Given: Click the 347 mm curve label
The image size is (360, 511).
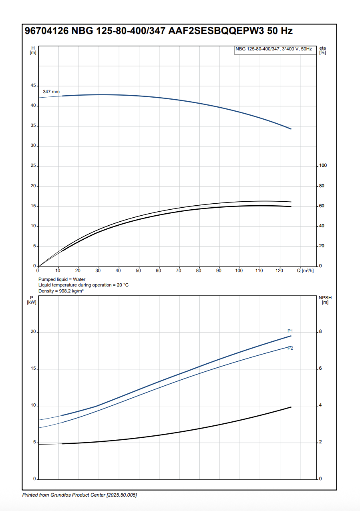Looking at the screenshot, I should coord(51,92).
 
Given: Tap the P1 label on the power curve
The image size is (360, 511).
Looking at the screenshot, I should coord(290,331).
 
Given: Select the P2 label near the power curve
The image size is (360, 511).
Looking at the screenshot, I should coord(290,348).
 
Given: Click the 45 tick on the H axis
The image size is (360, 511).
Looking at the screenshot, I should coord(32,86).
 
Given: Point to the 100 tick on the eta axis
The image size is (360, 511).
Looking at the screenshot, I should coord(323,166).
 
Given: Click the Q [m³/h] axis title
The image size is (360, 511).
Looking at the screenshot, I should coord(305,271).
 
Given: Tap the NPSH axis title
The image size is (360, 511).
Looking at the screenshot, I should coord(325,300).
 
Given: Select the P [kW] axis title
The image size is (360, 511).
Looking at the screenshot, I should coord(32,300).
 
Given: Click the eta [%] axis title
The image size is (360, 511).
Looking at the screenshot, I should coord(323,50).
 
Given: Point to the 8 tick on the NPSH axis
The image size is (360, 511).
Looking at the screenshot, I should coord(320,332).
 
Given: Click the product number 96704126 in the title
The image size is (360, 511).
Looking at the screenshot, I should coord(46,31).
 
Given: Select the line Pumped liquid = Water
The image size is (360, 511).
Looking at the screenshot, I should coord(62,279).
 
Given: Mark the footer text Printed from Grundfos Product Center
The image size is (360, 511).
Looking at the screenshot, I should coord(79,495).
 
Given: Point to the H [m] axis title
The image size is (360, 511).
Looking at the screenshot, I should coord(33,50).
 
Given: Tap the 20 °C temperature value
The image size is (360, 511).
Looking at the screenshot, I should coord(122,285).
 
